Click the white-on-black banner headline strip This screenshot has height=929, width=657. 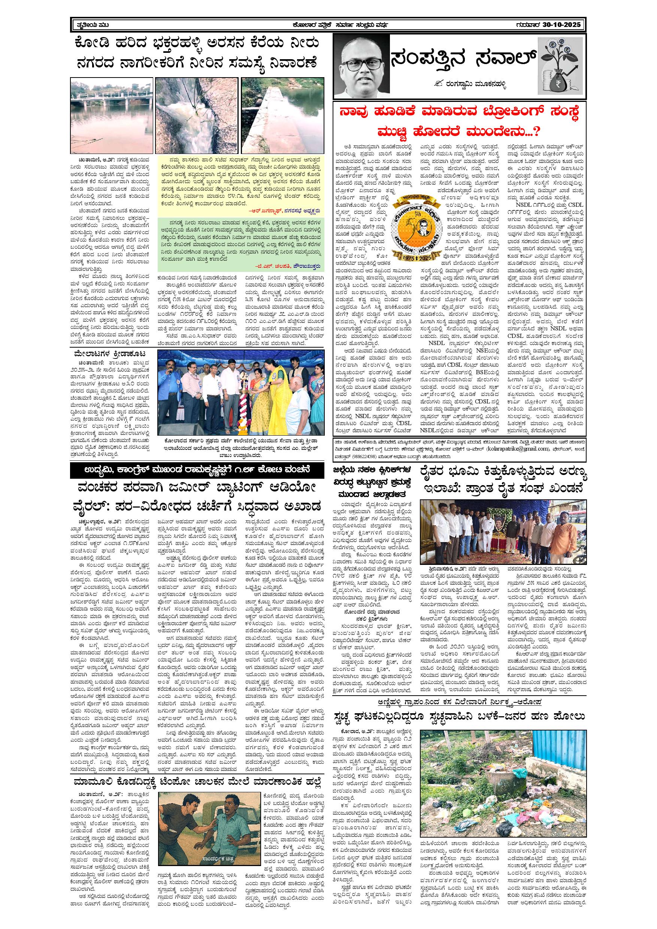[197, 470]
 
